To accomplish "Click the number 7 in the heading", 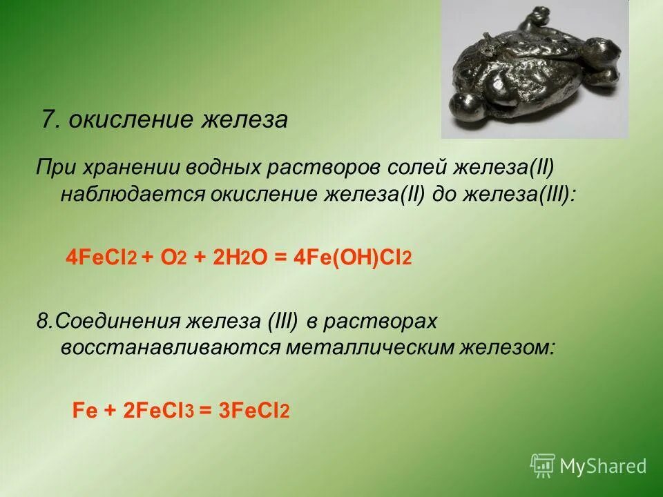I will coord(48,120).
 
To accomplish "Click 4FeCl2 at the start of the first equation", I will coord(102,257).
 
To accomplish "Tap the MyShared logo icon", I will coord(543,465).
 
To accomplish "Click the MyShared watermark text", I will coord(603,466).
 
